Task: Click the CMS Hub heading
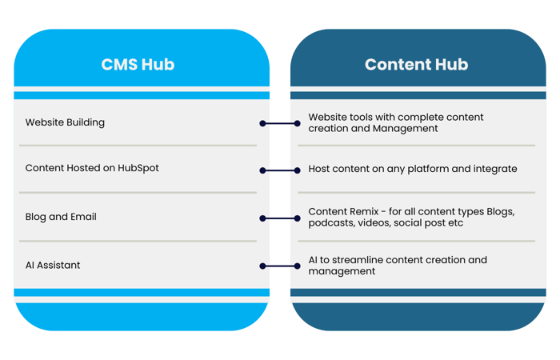point(138,65)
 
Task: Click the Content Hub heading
point(416,65)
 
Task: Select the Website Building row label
point(65,122)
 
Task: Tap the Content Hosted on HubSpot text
point(92,168)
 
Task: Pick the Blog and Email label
point(61,217)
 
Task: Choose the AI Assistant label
point(53,265)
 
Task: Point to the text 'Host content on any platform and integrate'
point(413,169)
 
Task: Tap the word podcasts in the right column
point(331,223)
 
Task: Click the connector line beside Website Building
point(280,123)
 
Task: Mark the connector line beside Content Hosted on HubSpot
point(280,170)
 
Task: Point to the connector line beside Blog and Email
point(280,218)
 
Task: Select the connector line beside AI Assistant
point(280,266)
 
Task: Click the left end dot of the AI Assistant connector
point(262,266)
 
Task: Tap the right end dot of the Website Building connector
point(298,123)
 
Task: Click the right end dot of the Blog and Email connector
point(298,218)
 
